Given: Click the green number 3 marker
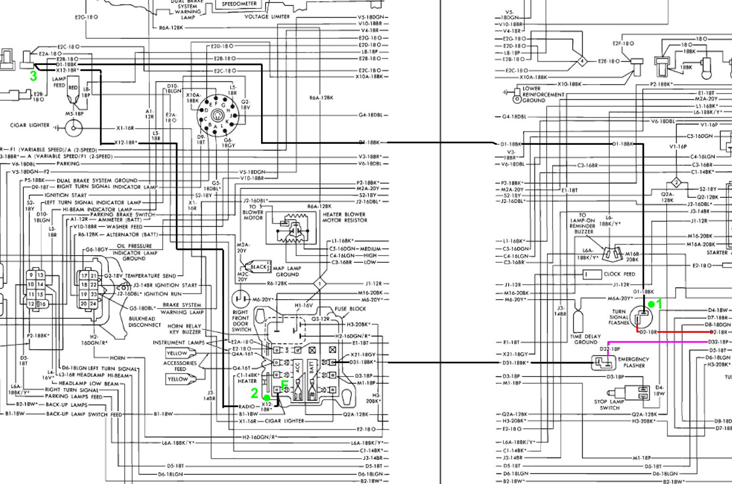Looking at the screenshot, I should pyautogui.click(x=33, y=76).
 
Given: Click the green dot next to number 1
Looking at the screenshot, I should pyautogui.click(x=651, y=304).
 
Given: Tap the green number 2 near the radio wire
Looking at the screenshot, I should pyautogui.click(x=254, y=393).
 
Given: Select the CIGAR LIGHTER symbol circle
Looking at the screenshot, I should pyautogui.click(x=73, y=128).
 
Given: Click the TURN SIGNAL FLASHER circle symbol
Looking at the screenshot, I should pyautogui.click(x=641, y=317).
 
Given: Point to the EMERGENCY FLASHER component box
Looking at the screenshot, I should pyautogui.click(x=604, y=363).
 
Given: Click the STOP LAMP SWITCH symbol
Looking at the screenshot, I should pyautogui.click(x=643, y=392).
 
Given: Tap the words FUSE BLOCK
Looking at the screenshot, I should pyautogui.click(x=350, y=309).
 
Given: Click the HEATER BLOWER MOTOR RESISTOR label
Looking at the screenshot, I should pyautogui.click(x=345, y=217).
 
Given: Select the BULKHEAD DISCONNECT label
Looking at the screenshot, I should pyautogui.click(x=145, y=322).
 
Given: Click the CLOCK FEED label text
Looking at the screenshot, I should pyautogui.click(x=619, y=274).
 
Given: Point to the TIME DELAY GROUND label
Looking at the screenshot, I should pyautogui.click(x=586, y=339).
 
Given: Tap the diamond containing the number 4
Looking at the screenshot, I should pyautogui.click(x=582, y=61).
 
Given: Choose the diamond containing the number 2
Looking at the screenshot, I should pyautogui.click(x=676, y=183).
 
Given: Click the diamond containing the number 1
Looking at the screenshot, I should pyautogui.click(x=320, y=284).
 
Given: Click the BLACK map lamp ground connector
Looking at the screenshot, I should pyautogui.click(x=258, y=267).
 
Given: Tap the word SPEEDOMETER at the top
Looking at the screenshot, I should pyautogui.click(x=239, y=4).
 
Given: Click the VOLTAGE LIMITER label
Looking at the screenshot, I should pyautogui.click(x=267, y=17).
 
